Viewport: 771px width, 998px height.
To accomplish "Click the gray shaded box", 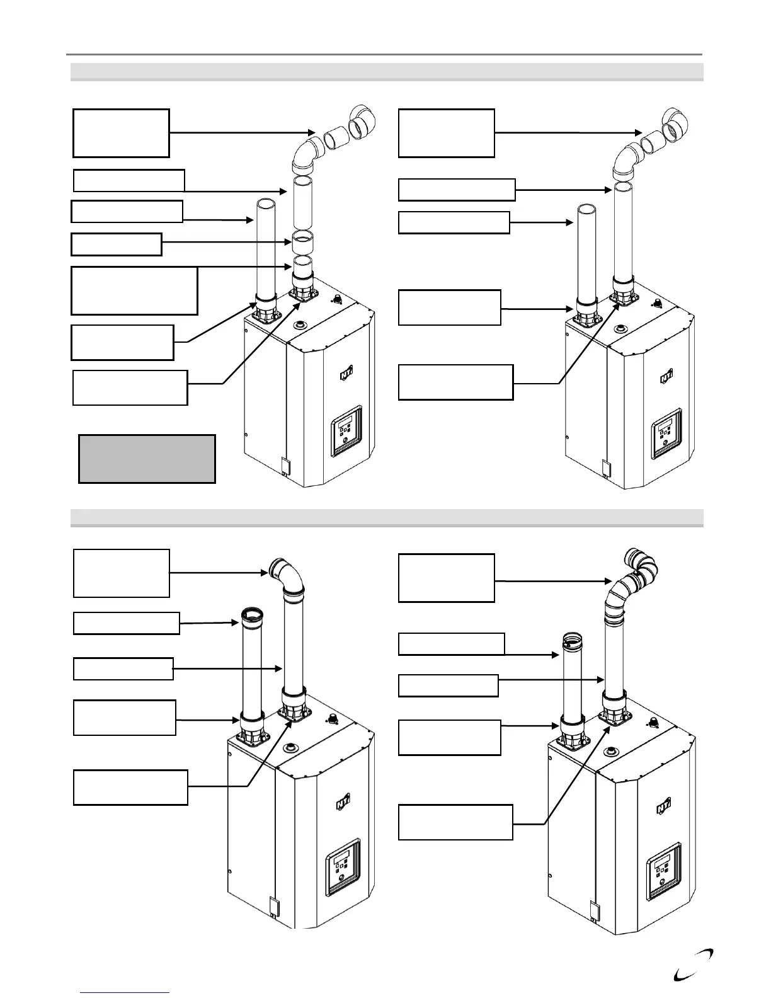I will coord(147,459).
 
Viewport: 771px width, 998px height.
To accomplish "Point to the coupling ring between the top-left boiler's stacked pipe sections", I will coord(304,241).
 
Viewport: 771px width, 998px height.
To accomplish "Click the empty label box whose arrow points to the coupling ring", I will coord(117,244).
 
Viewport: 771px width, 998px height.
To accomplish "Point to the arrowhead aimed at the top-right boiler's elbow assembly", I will coord(637,133).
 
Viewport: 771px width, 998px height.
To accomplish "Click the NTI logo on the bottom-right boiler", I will coord(664,808).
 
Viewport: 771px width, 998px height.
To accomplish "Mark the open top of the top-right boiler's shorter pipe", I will coord(587,210).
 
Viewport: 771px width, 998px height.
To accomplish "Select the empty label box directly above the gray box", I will coord(130,387).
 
